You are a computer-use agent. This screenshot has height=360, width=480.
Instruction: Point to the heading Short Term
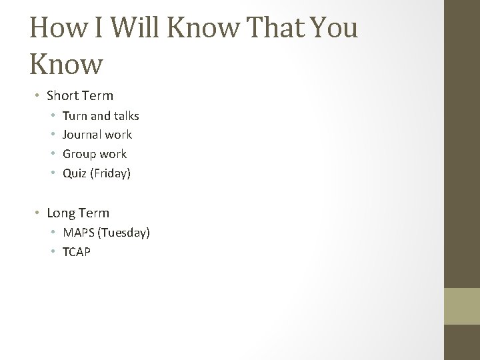(x=80, y=95)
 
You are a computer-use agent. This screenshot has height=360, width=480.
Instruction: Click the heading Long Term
(x=78, y=213)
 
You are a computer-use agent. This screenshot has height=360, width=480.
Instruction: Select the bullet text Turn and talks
(x=101, y=116)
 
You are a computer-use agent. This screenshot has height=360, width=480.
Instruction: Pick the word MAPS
(x=78, y=233)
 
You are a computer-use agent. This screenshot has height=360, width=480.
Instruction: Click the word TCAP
(x=77, y=252)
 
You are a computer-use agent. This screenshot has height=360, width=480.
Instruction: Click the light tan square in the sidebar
(x=461, y=306)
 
